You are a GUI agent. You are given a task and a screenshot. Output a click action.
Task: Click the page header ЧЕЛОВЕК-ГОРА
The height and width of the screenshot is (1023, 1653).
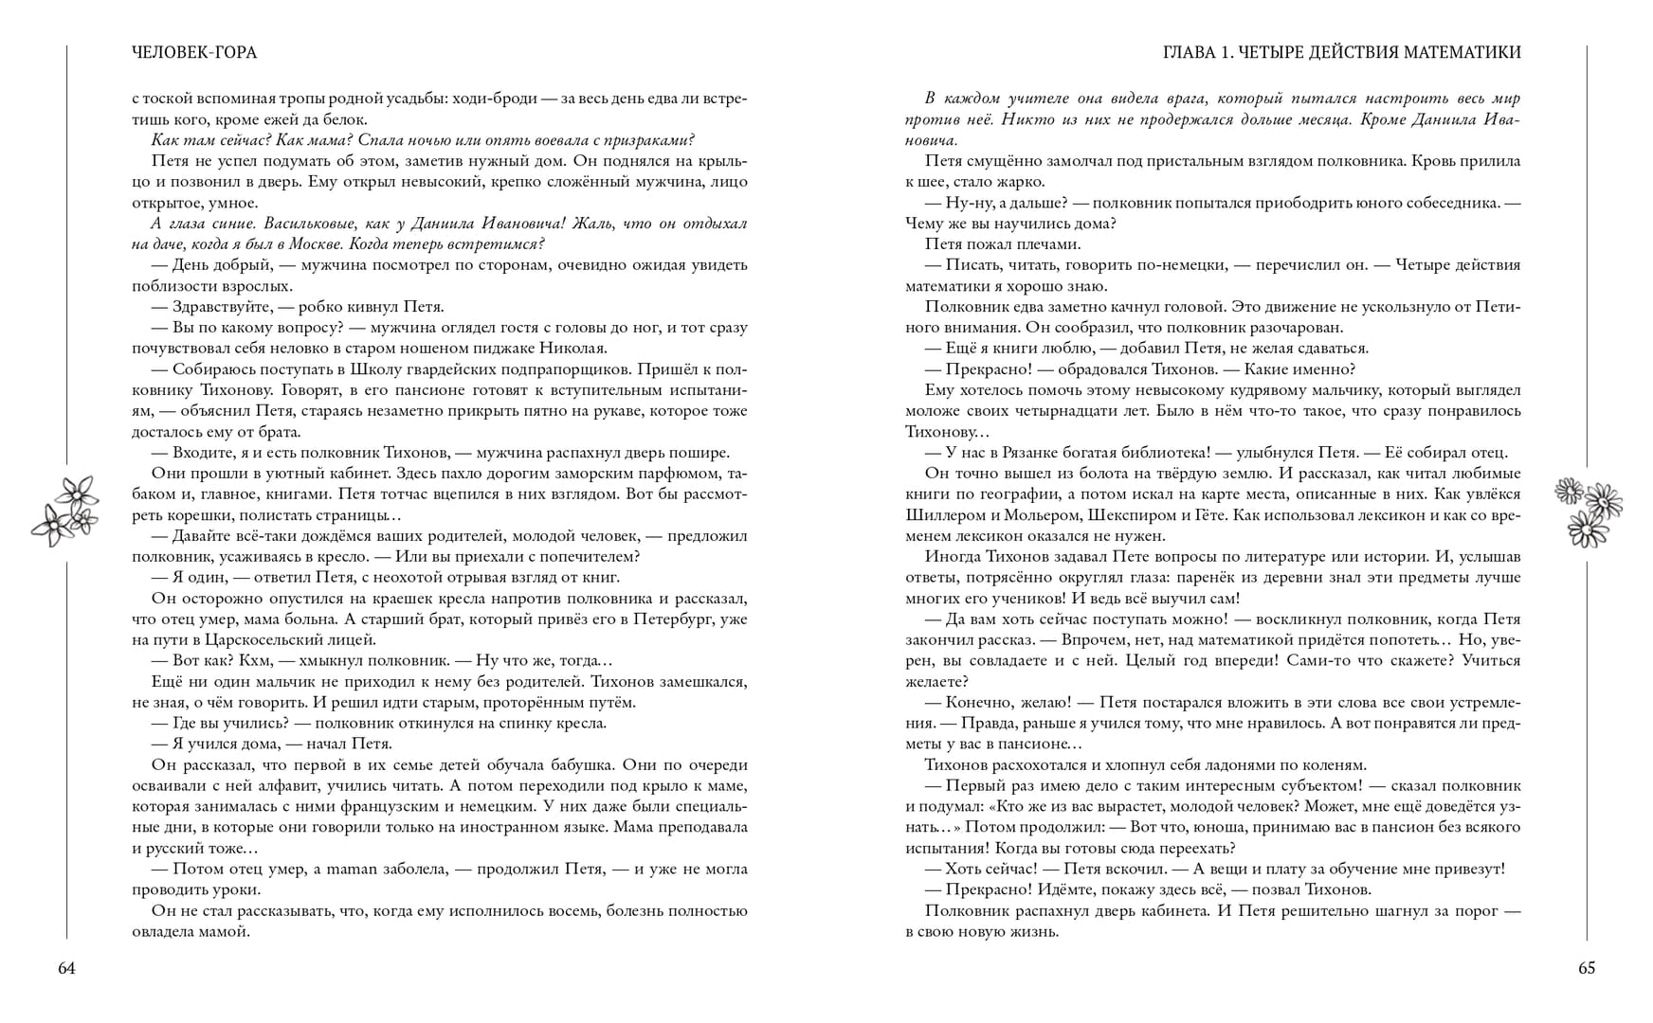coord(194,53)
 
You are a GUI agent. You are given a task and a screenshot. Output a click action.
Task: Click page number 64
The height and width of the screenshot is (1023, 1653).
coord(66,968)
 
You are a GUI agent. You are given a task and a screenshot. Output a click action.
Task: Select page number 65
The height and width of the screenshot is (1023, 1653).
coord(1587,968)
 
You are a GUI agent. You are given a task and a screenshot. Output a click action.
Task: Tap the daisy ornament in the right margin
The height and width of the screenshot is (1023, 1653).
coord(1589,511)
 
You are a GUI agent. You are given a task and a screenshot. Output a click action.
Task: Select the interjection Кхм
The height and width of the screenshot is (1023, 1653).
coord(256,661)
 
